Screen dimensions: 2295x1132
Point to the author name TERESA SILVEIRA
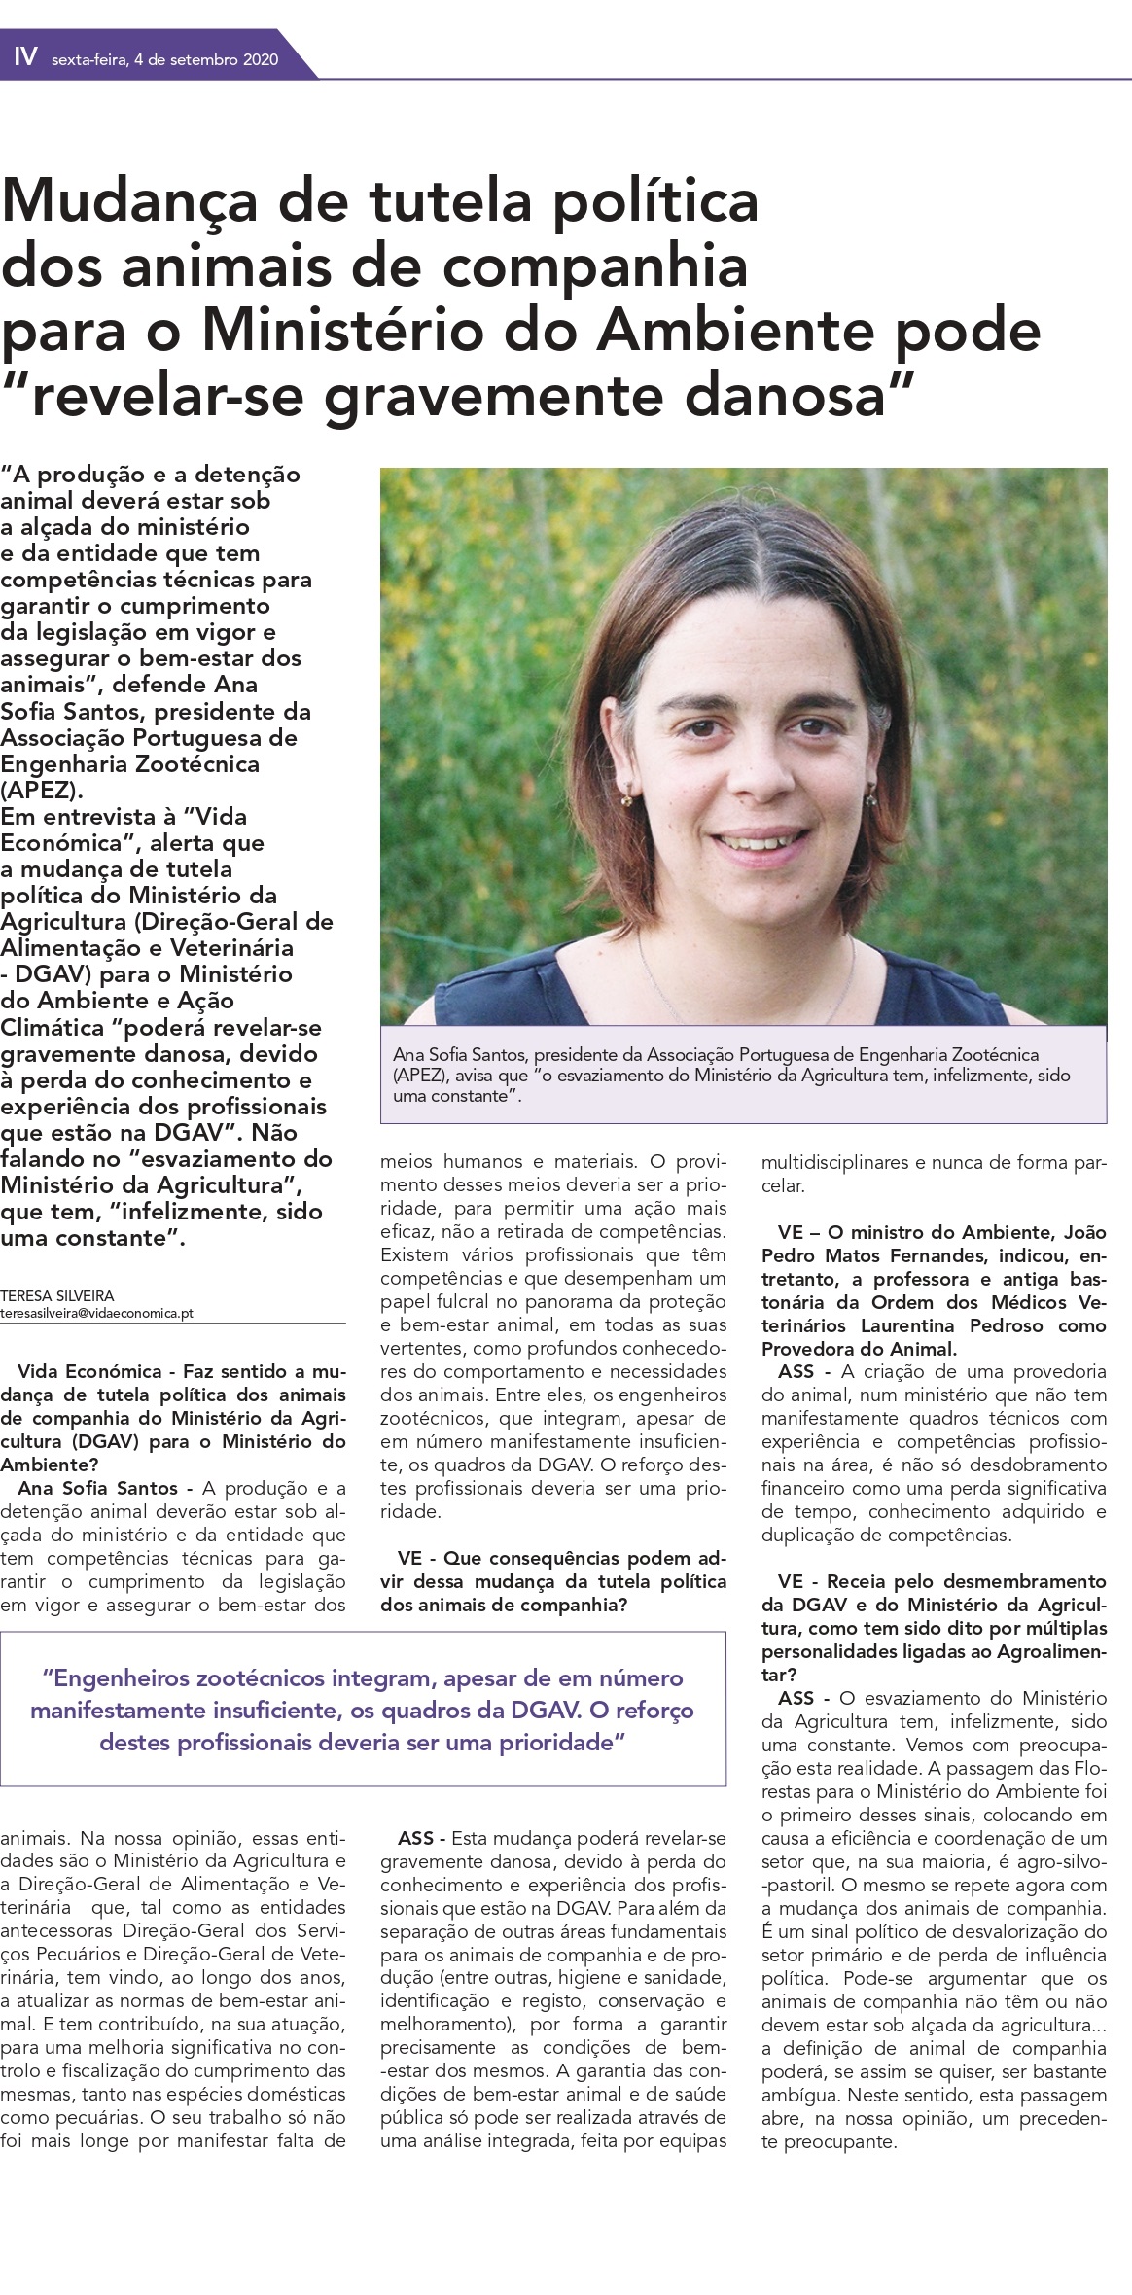(57, 1295)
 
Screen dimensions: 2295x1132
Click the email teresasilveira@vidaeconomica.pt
(96, 1313)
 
